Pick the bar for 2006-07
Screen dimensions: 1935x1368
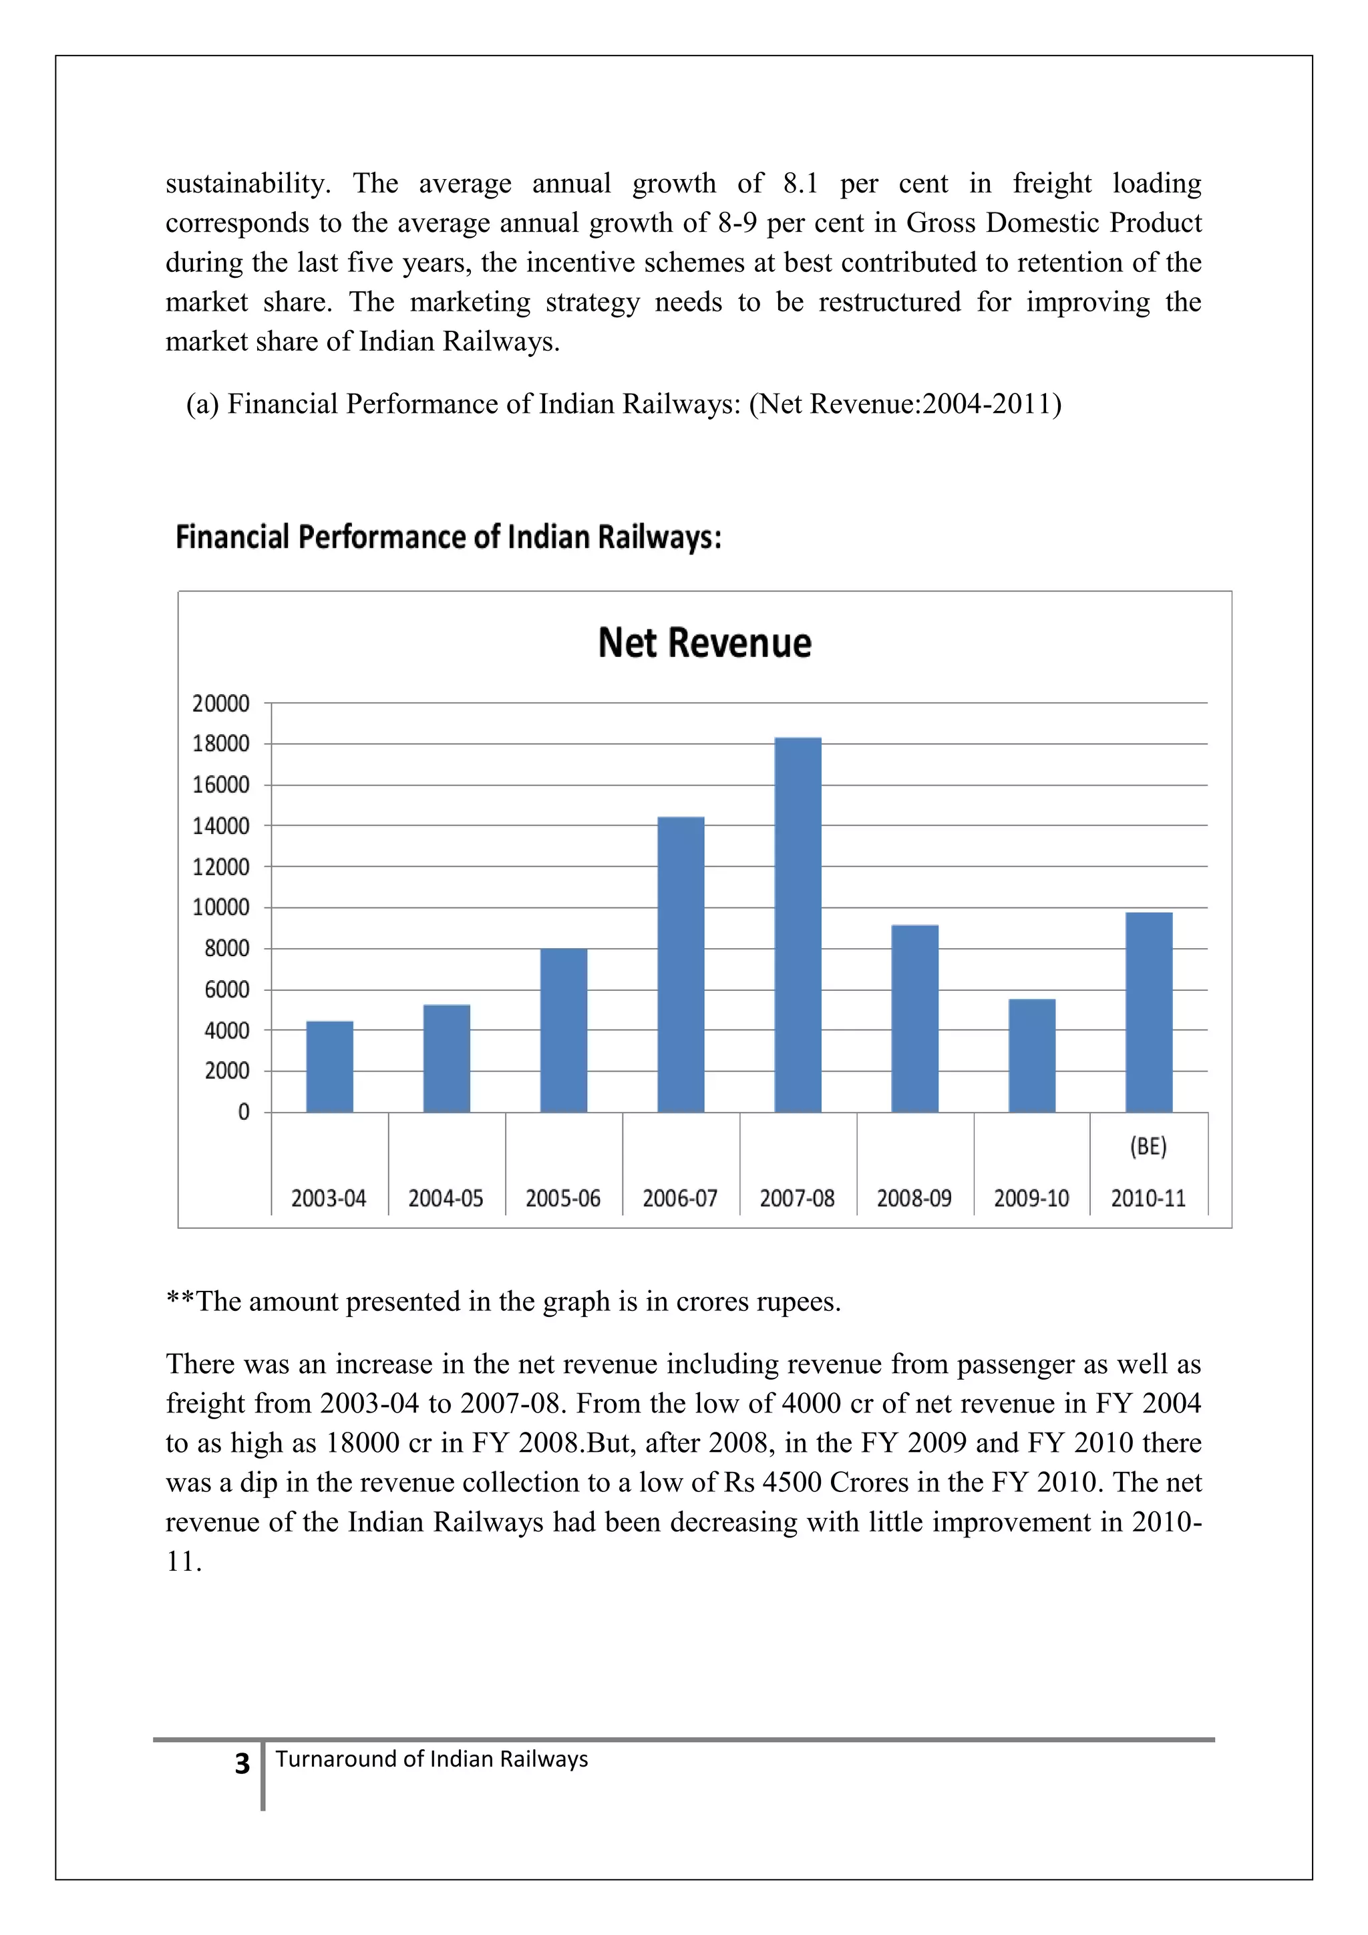pyautogui.click(x=681, y=965)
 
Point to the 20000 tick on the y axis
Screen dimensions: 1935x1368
pyautogui.click(x=220, y=704)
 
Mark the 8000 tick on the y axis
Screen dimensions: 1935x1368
pyautogui.click(x=226, y=949)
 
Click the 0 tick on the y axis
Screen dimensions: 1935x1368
pyautogui.click(x=243, y=1112)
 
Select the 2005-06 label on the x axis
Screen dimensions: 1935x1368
pyautogui.click(x=562, y=1199)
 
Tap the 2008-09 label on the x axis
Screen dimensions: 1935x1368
pyautogui.click(x=914, y=1199)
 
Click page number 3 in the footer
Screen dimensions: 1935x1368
pyautogui.click(x=242, y=1765)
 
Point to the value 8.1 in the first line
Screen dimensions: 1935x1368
pyautogui.click(x=800, y=183)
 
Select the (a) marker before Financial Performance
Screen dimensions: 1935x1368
pyautogui.click(x=202, y=404)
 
